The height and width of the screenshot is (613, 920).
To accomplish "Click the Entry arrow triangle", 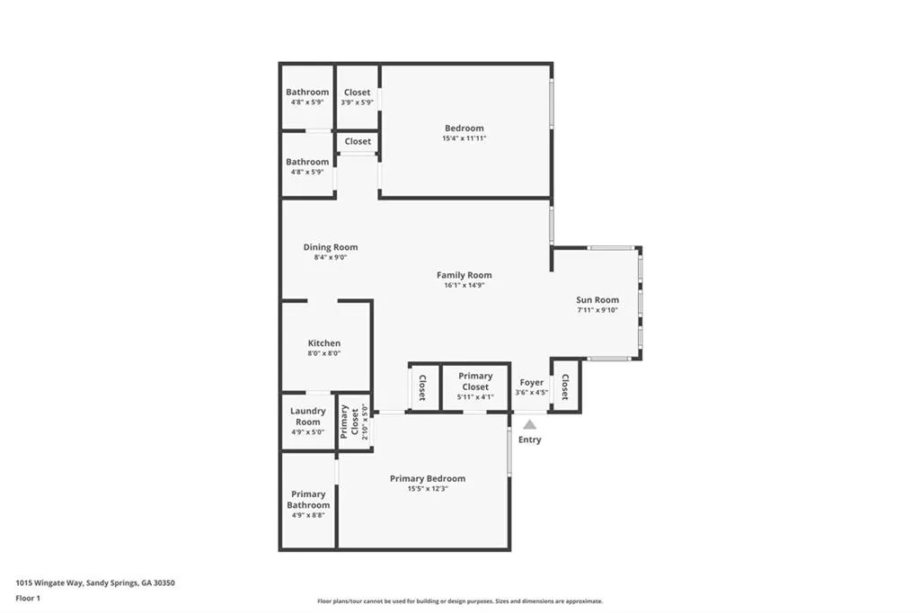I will click(x=530, y=424).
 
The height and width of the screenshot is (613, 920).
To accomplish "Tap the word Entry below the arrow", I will click(x=530, y=440).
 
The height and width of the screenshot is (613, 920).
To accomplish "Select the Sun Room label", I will click(x=597, y=300).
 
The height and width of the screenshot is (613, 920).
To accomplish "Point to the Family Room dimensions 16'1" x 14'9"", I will click(x=464, y=286).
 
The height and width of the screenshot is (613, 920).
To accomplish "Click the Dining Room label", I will click(x=331, y=247).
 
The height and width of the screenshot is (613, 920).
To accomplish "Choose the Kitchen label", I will click(x=324, y=343).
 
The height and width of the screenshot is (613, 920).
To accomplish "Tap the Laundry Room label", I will click(x=307, y=416).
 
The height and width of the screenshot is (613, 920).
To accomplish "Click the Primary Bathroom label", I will click(x=308, y=500).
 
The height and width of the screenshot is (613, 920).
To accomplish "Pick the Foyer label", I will click(x=532, y=382).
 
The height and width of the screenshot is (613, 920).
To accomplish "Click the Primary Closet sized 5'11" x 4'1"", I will click(x=475, y=381).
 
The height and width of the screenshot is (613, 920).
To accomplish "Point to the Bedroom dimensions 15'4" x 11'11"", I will click(x=464, y=138).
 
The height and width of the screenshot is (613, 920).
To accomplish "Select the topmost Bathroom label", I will click(x=307, y=92).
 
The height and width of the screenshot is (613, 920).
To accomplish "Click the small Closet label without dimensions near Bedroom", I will click(x=358, y=141).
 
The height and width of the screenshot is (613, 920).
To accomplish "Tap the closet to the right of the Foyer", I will click(x=565, y=386).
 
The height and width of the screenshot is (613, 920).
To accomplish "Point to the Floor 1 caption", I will click(x=28, y=598).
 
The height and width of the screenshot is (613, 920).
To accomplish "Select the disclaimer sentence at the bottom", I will click(x=459, y=601).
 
